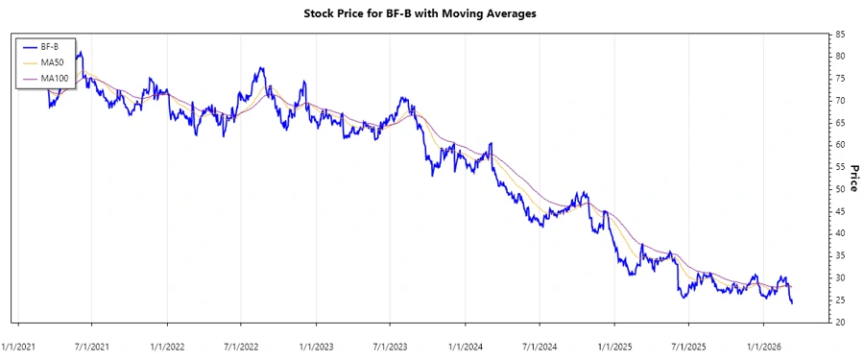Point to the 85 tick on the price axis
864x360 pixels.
point(840,35)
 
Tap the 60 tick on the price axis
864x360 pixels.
point(840,145)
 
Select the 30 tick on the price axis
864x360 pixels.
point(840,278)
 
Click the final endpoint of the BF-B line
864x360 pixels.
point(792,303)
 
